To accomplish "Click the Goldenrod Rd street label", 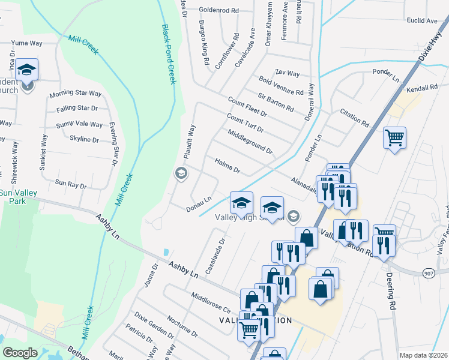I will (218, 11).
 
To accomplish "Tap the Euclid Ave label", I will (423, 21).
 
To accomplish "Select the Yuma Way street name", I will (26, 43).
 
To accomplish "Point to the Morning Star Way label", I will (75, 94).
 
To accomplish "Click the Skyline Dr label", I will (84, 139).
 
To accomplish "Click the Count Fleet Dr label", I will (247, 107).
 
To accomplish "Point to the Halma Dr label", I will (227, 166).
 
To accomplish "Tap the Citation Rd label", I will (354, 118).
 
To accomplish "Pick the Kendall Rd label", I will (422, 88).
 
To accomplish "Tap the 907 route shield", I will (430, 271).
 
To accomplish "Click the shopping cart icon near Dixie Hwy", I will (395, 138).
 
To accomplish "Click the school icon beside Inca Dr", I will (27, 70).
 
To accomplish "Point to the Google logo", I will (20, 353).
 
